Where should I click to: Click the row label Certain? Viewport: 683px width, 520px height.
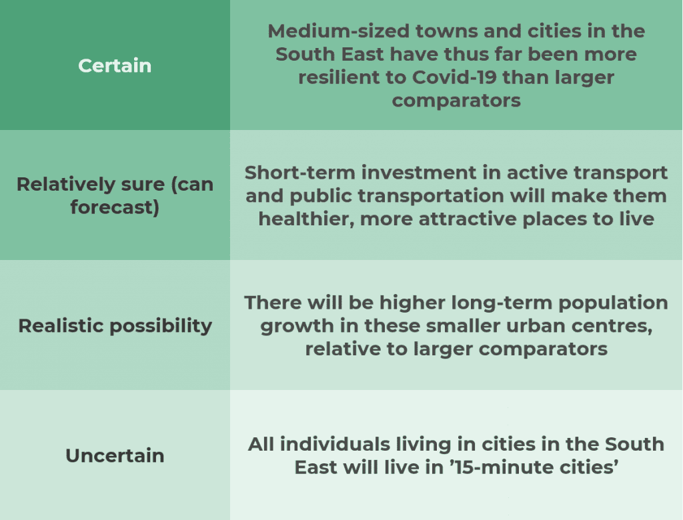pos(115,66)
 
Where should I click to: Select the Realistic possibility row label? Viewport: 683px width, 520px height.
pos(115,326)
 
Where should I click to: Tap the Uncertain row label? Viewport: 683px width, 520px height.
pos(115,456)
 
